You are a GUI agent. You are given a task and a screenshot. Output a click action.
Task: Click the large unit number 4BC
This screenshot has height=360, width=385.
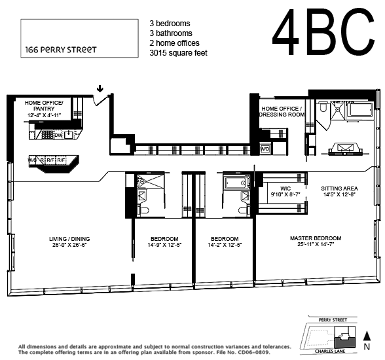click(323, 31)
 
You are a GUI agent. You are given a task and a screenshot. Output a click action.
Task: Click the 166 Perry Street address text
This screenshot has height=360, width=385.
click(61, 50)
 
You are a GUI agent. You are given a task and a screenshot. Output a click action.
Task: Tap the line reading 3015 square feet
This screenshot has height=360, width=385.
click(179, 53)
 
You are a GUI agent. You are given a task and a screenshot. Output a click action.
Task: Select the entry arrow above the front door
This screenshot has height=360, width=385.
click(100, 88)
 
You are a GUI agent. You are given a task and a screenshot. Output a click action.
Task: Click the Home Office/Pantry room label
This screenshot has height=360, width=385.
click(44, 106)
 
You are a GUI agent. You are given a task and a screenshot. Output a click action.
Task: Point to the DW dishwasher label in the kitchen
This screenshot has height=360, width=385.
click(58, 135)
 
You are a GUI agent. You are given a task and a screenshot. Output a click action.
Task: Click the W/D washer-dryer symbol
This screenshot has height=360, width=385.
click(265, 149)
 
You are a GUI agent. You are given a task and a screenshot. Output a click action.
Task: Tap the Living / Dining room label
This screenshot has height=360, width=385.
click(69, 239)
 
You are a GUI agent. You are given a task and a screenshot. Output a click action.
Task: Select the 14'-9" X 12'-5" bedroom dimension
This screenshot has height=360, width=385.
click(164, 245)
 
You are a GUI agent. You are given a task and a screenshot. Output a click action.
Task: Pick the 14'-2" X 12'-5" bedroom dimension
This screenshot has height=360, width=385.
click(225, 245)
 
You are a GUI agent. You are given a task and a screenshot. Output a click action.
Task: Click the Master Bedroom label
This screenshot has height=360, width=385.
click(316, 238)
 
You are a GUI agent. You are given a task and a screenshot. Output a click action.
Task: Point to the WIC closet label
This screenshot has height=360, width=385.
click(285, 189)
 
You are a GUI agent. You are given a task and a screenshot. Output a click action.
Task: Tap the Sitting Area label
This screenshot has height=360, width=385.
click(339, 189)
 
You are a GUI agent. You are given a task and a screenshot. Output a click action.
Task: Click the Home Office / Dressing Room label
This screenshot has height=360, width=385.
click(282, 112)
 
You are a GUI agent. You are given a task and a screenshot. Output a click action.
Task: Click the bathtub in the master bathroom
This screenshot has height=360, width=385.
click(359, 109)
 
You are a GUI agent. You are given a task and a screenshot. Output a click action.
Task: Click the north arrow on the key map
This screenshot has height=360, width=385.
click(367, 336)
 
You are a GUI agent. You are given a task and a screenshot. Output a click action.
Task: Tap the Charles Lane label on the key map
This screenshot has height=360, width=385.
click(330, 351)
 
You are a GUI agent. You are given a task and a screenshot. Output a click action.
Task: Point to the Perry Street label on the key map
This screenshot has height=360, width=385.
click(333, 320)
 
